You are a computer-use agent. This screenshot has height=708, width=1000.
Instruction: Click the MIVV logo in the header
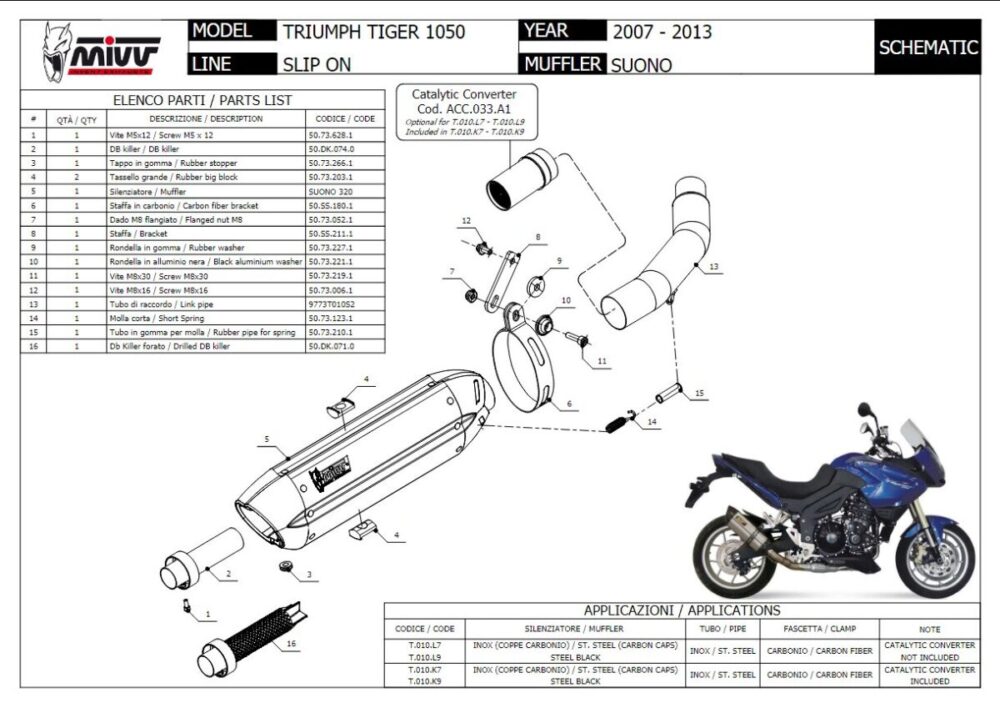pos(100,54)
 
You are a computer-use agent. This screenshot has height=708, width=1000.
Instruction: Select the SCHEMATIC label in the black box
pos(927,47)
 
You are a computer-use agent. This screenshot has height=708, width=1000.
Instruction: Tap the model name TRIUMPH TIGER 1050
pos(374,32)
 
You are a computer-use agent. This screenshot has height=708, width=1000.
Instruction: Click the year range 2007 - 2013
pos(662,32)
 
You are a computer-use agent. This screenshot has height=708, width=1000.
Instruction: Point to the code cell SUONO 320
pos(330,190)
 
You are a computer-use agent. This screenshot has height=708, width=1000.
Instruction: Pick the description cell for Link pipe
pos(205,303)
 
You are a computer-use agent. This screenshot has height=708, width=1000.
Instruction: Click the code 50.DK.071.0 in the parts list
pos(330,346)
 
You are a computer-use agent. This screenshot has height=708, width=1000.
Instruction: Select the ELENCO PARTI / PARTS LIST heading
pos(202,100)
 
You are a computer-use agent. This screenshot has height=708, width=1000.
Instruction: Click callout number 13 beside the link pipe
pos(713,267)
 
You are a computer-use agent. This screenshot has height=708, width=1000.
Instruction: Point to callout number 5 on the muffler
pos(267,439)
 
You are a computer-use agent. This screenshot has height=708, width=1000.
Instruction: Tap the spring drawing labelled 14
pos(623,422)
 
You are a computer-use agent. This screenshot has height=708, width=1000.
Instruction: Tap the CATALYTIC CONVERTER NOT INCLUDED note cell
pos(928,651)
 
